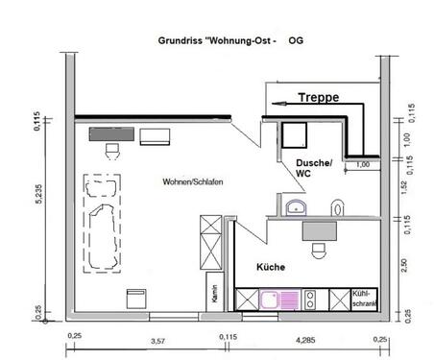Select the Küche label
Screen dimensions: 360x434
[270, 268]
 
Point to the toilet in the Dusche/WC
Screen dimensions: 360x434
[337, 205]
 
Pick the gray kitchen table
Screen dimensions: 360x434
[320, 230]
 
